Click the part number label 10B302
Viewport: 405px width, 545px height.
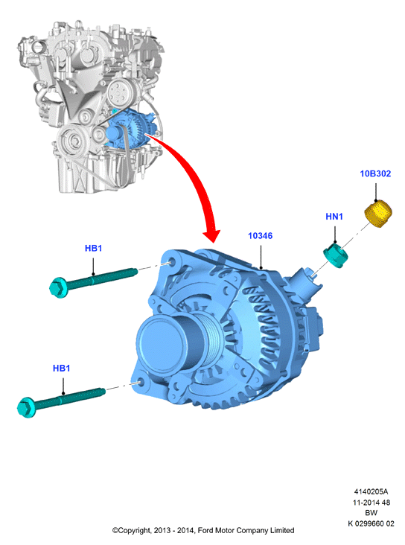click(375, 173)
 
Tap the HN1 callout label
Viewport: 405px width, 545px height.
click(334, 217)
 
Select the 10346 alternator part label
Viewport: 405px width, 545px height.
click(260, 236)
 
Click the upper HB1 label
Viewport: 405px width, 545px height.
click(93, 248)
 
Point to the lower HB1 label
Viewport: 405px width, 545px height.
click(62, 368)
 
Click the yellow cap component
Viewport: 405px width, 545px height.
click(378, 214)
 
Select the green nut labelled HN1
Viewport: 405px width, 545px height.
click(336, 256)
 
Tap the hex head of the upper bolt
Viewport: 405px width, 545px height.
click(58, 287)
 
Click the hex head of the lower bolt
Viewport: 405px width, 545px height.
click(26, 407)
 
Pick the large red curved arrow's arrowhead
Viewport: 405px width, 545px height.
click(212, 235)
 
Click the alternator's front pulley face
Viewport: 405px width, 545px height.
click(160, 343)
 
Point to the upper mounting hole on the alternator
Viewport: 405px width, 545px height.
click(173, 262)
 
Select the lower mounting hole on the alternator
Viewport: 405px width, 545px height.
click(141, 383)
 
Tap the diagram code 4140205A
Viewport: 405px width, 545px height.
click(371, 491)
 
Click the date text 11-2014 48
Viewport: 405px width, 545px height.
click(371, 503)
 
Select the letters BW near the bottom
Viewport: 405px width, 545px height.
click(371, 513)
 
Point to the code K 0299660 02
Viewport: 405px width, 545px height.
click(371, 523)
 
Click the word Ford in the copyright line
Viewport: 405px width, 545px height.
click(205, 530)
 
